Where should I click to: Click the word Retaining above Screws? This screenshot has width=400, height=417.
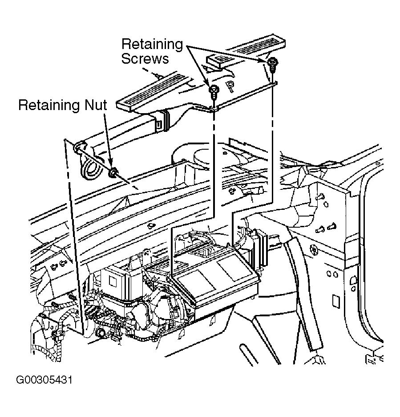click(x=152, y=44)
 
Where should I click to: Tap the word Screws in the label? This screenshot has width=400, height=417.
click(x=145, y=58)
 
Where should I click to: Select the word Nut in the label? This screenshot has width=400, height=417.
click(x=96, y=105)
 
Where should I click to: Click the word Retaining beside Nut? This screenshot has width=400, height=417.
click(x=49, y=105)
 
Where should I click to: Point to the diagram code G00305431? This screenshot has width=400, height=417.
click(x=44, y=380)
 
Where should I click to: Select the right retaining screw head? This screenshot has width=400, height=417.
click(x=272, y=62)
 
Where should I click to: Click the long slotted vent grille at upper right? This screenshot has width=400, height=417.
click(x=259, y=46)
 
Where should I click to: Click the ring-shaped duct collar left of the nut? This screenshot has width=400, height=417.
click(x=89, y=168)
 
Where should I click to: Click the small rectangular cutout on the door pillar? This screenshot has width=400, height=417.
click(x=336, y=301)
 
